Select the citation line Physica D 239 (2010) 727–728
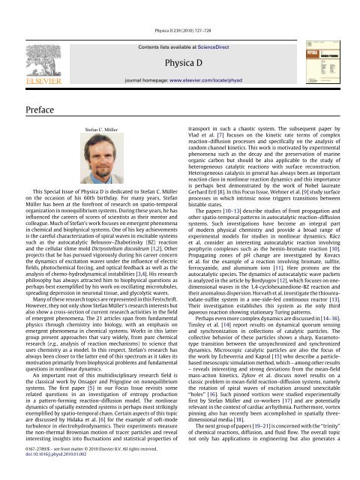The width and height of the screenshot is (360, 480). (180, 6)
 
